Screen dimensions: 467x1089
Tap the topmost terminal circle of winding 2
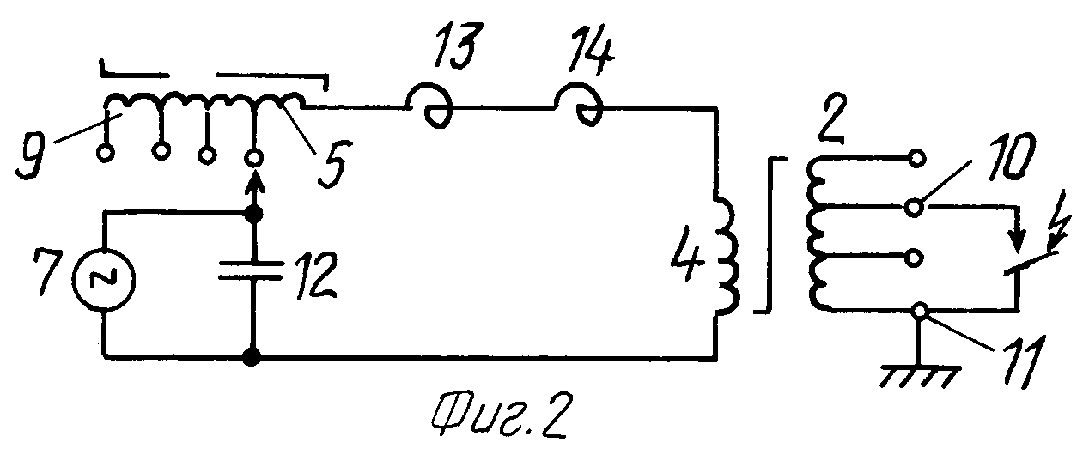point(918,158)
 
